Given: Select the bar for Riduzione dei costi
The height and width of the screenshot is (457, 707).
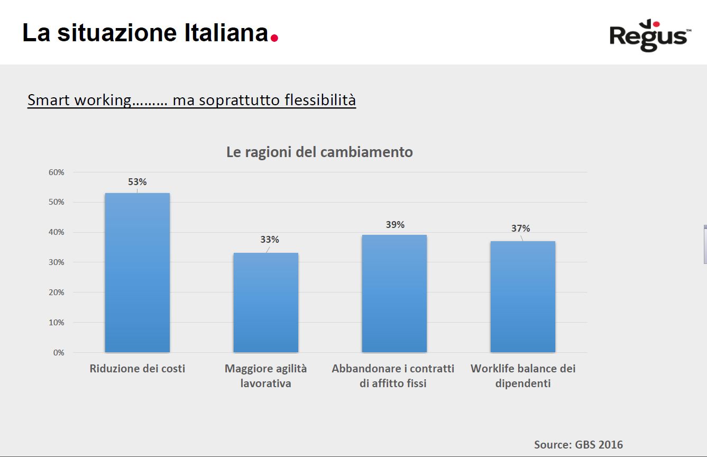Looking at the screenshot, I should pos(137,272).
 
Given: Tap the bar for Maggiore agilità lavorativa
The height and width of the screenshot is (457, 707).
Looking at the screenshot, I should pos(265,303).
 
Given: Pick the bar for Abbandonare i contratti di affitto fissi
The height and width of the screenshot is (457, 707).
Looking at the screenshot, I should pos(394,294).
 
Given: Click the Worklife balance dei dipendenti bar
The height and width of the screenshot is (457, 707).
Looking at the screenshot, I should pos(522,297).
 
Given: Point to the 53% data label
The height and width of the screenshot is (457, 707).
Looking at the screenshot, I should pos(137,182).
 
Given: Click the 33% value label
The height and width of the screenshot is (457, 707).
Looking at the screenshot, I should pos(270,240).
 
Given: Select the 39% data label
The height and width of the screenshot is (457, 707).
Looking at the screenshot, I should pos(394,225).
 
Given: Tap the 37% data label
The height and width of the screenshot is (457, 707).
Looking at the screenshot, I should pos(520,229).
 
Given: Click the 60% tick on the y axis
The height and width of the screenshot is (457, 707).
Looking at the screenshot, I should pos(56,172).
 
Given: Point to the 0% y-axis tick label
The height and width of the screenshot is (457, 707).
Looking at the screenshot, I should pos(58,353).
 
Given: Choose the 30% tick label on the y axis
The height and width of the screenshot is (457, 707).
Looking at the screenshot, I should pos(56,262).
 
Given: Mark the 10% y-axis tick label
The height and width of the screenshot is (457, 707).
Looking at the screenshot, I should pos(56,323).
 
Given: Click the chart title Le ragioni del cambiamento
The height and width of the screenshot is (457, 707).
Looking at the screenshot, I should pos(319,152).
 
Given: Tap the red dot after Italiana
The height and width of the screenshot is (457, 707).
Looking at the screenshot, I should pos(274,38).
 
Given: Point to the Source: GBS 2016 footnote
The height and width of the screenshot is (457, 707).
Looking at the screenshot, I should pos(579,444).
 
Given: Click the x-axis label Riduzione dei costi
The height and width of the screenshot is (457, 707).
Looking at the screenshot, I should pos(137,369).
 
